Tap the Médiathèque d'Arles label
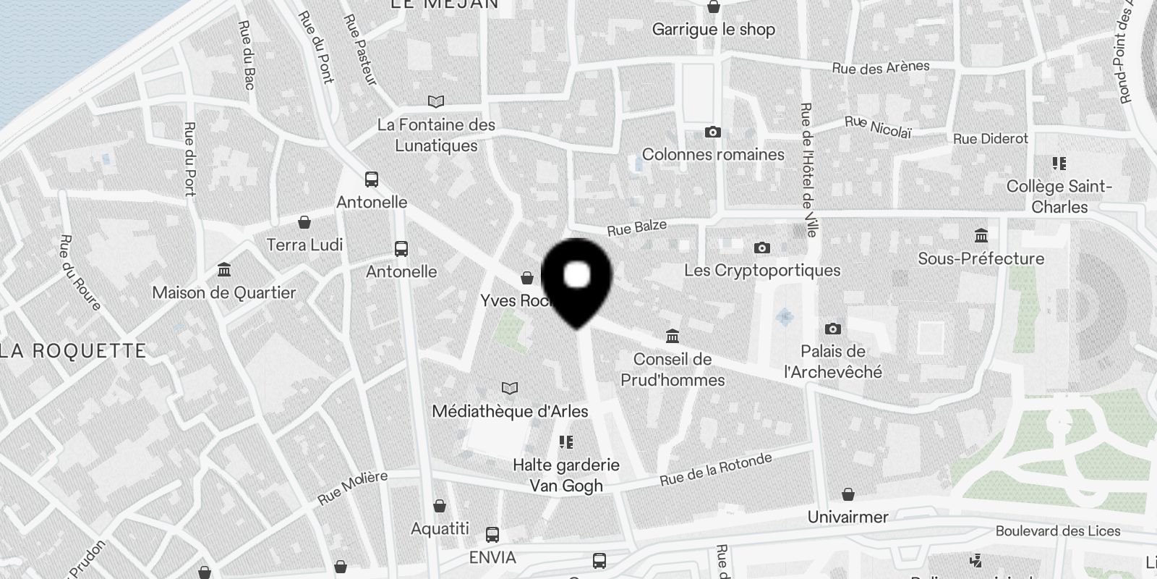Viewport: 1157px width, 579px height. pos(510,411)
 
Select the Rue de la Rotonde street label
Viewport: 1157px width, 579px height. pos(715,470)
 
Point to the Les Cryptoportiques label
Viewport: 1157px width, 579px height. pos(762,271)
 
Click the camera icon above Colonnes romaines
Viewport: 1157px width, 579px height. pos(713,132)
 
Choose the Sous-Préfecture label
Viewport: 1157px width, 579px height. pos(981,258)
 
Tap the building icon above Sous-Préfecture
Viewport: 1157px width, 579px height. pos(981,236)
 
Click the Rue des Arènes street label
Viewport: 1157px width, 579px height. pos(880,68)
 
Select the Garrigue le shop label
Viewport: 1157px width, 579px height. pos(713,30)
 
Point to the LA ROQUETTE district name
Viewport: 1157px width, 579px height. pos(73,352)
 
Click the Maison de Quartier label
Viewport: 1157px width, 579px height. pos(224,293)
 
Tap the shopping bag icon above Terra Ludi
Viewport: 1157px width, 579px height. pos(304,222)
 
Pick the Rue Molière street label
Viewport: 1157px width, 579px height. pos(352,487)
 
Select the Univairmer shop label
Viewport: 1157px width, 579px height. pos(848,517)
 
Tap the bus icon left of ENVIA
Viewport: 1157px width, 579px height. pos(492,535)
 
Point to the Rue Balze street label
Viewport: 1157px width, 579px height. pos(636,228)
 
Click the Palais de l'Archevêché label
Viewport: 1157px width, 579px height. pos(833,362)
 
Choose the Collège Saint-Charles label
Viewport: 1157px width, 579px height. pos(1059,196)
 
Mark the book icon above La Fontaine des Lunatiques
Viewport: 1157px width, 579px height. pos(436,102)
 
